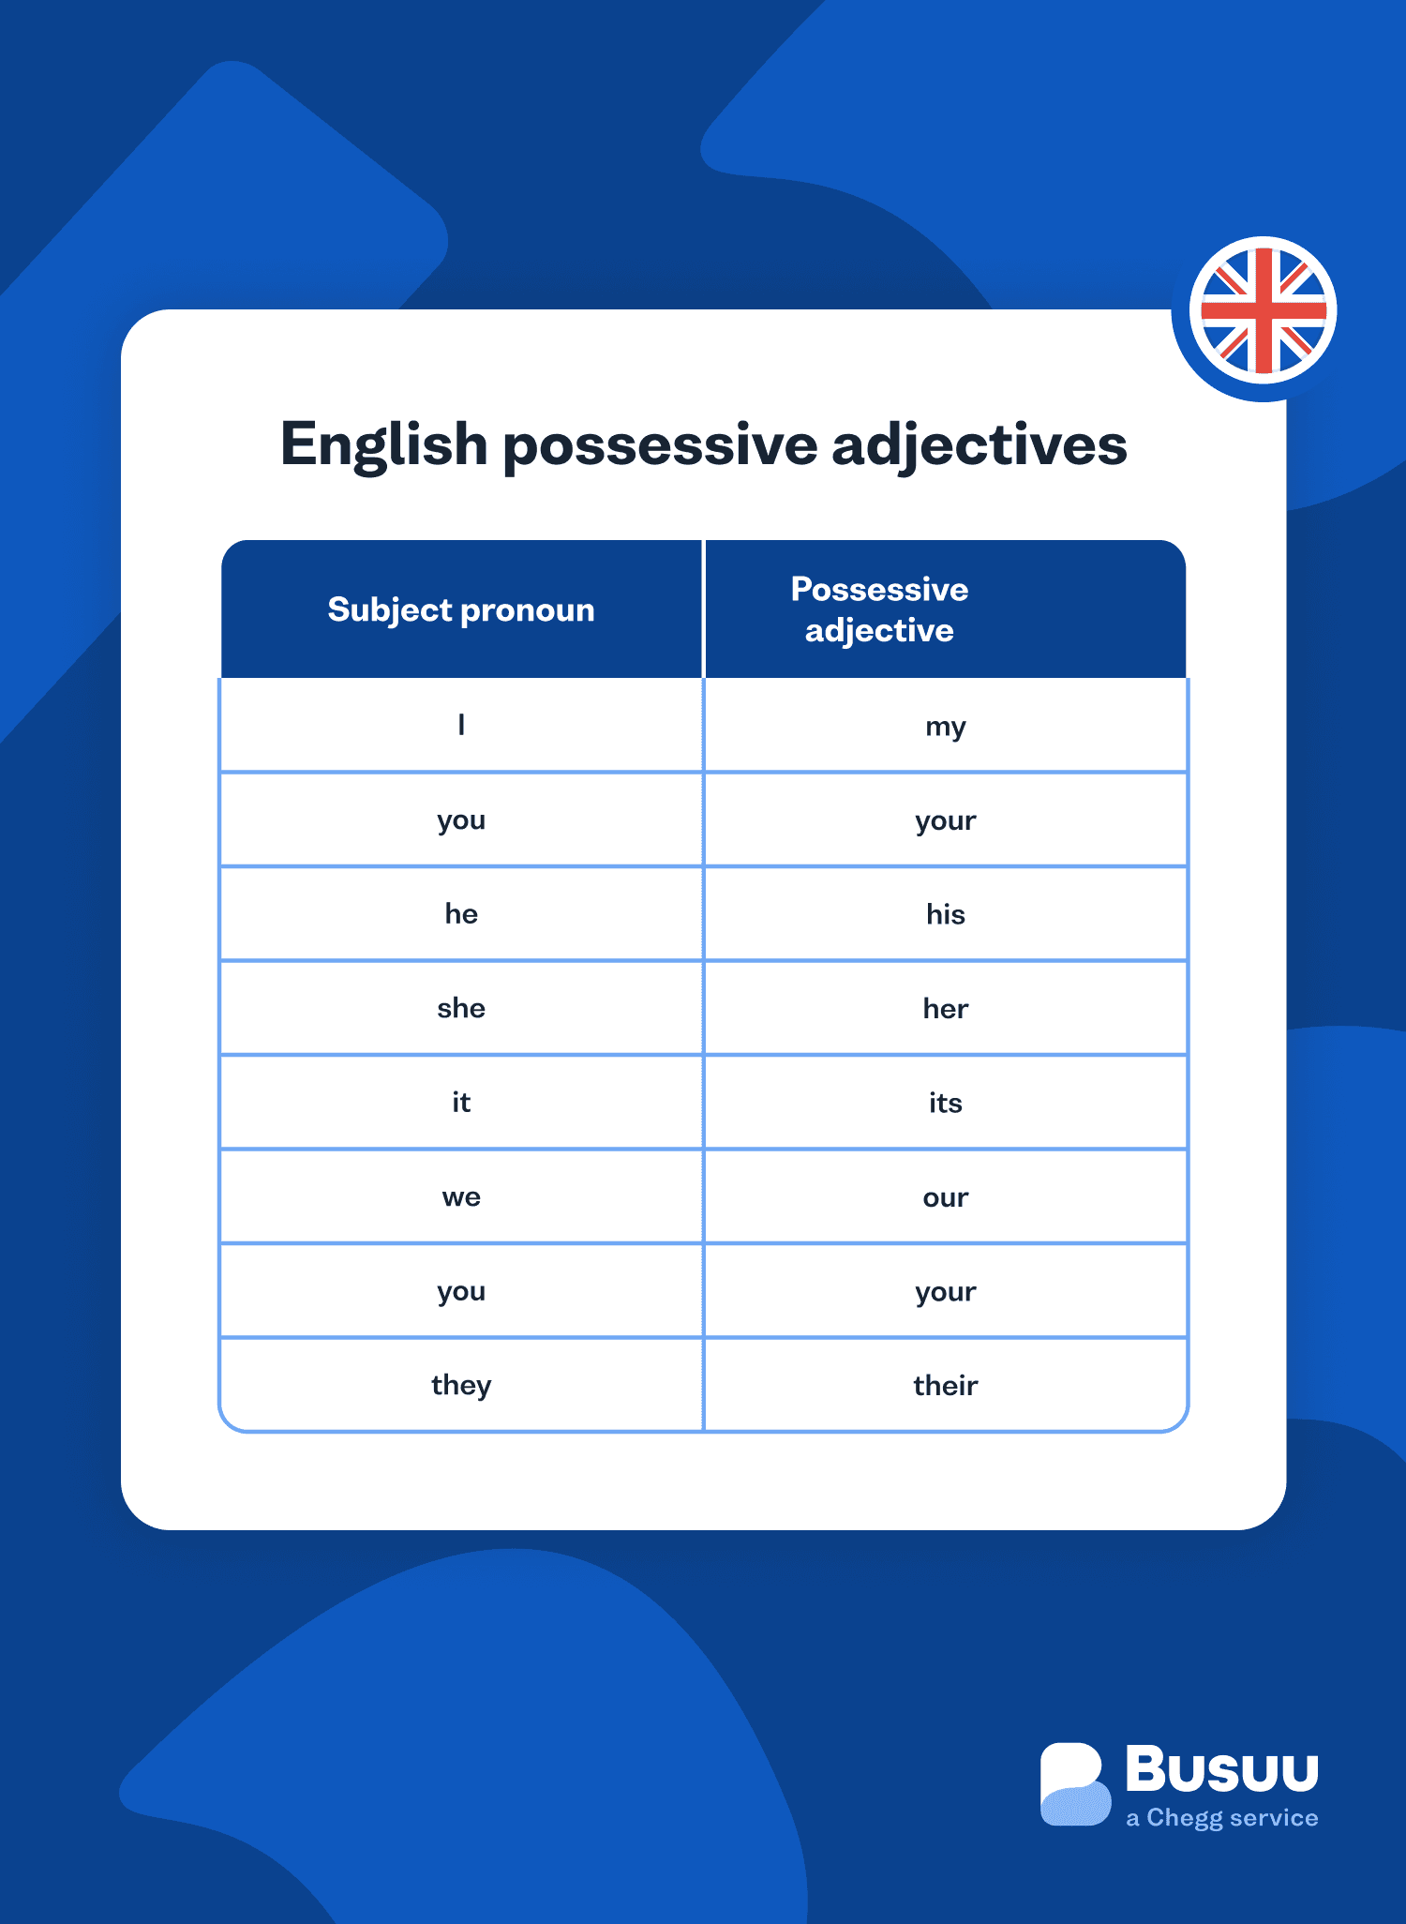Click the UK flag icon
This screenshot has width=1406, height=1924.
point(1263,311)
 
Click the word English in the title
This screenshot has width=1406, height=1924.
point(383,444)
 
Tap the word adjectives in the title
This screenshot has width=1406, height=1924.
point(979,444)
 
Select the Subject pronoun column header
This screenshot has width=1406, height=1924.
point(461,610)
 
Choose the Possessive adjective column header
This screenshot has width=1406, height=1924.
point(879,609)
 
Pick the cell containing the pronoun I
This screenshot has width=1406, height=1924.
point(461,726)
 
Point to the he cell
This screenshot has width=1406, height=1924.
point(461,914)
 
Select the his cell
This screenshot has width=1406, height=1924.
point(945,914)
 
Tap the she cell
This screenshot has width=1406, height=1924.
point(461,1009)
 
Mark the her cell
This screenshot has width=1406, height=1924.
point(945,1009)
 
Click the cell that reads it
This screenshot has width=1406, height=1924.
point(461,1103)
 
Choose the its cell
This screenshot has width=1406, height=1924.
point(945,1103)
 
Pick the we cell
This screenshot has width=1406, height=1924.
point(461,1197)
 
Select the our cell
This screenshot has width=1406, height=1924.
point(945,1197)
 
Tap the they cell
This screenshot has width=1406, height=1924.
point(461,1386)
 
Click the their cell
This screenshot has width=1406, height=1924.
point(945,1386)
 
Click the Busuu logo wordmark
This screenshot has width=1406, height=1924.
point(1221,1769)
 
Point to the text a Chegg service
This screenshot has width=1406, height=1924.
point(1221,1818)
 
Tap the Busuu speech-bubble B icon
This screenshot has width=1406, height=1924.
point(1074,1784)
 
